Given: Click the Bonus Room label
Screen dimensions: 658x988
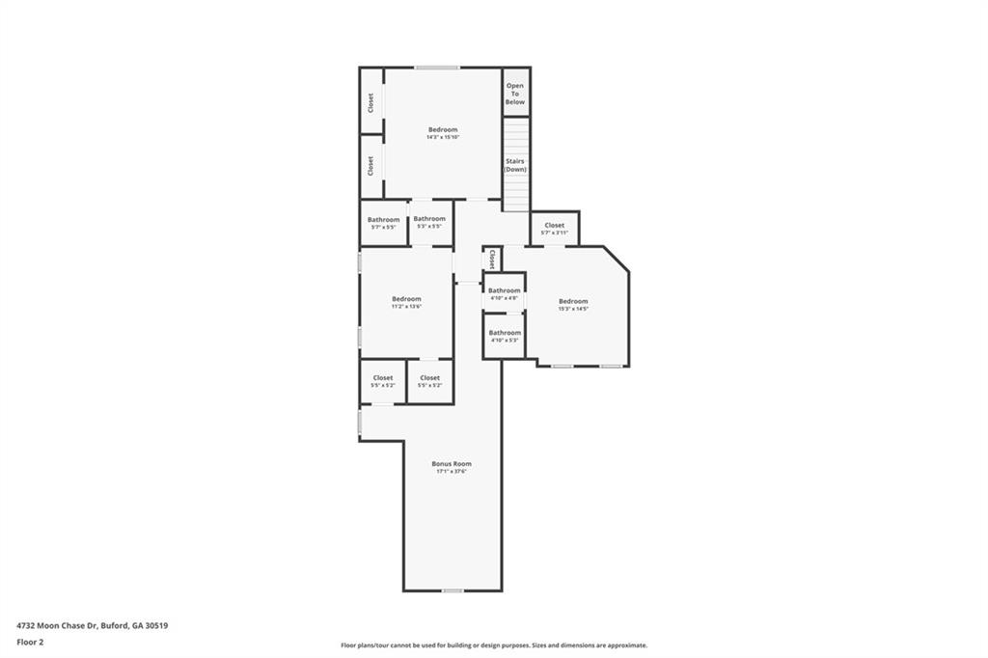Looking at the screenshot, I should tap(452, 464).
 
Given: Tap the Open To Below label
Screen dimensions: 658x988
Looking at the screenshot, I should tap(515, 94).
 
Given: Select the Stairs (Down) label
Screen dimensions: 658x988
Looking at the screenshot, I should tap(515, 165).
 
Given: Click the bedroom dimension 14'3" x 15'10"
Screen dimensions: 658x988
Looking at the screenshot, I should tap(443, 138).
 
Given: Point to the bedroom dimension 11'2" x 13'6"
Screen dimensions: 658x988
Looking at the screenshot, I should tap(406, 307).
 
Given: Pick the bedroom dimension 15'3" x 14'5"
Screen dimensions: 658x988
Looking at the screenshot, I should tap(572, 309).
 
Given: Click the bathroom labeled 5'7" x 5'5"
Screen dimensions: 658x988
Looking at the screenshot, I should tap(383, 228).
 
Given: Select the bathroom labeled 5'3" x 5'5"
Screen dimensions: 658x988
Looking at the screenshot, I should tap(429, 227).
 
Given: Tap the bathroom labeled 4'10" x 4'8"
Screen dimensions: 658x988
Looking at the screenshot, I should tap(504, 298).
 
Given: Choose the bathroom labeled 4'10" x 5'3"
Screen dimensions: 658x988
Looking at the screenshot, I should tap(504, 341).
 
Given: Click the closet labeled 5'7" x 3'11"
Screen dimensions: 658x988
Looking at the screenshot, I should tap(554, 233).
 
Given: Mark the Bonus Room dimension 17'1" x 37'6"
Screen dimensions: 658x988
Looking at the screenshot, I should tap(452, 472).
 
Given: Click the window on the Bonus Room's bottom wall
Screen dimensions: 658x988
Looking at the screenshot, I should tap(453, 590).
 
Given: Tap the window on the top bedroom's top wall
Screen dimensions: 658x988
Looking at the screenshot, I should tap(437, 68).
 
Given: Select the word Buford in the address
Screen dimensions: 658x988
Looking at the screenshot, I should tap(114, 625).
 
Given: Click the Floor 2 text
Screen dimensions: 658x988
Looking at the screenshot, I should tap(31, 642).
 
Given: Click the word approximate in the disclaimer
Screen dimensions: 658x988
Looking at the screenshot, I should tap(624, 645).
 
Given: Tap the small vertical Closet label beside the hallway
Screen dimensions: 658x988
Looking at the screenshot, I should tap(492, 259).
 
